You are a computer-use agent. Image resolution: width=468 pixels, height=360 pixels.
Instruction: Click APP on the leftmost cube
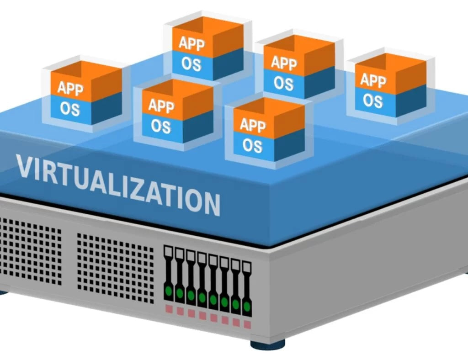pyautogui.click(x=70, y=88)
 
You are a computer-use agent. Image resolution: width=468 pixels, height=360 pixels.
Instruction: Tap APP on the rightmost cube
pyautogui.click(x=373, y=80)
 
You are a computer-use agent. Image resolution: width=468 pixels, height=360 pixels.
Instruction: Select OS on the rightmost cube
pyautogui.click(x=373, y=100)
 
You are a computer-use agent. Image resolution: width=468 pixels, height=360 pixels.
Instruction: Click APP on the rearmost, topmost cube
pyautogui.click(x=191, y=43)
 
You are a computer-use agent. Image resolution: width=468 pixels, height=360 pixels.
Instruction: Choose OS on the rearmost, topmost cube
pyautogui.click(x=191, y=64)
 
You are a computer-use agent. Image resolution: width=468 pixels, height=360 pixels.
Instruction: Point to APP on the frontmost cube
pyautogui.click(x=253, y=124)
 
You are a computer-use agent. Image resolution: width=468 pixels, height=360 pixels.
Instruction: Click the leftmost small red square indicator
pyautogui.click(x=169, y=309)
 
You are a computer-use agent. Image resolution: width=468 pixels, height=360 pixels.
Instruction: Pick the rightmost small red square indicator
pyautogui.click(x=247, y=325)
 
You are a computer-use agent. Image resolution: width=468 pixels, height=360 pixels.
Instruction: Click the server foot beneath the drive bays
pyautogui.click(x=268, y=344)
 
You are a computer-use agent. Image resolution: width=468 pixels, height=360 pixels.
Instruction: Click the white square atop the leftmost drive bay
pyautogui.click(x=168, y=250)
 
